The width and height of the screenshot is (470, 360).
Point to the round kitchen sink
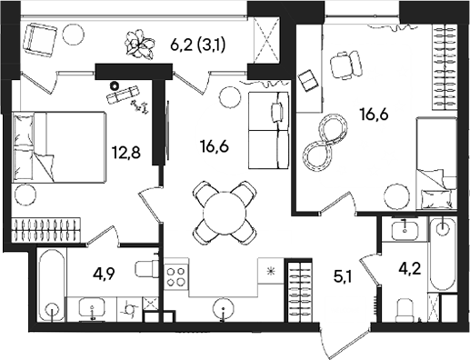tap(222, 310)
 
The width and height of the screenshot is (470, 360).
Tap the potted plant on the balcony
tap(139, 41)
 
